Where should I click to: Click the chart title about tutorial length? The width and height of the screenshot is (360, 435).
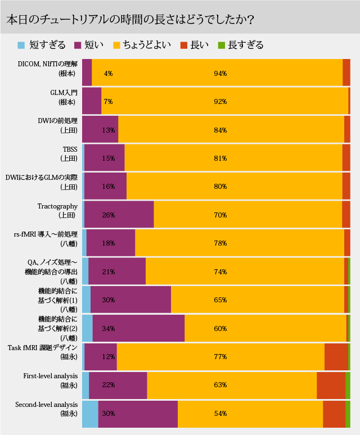coord(129,19)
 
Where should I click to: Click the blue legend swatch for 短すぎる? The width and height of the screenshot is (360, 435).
coord(21,45)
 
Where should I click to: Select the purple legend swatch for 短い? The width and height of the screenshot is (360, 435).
coord(78,45)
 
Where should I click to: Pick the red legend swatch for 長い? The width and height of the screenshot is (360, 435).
coord(183,45)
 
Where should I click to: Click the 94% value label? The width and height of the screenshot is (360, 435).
coord(220,73)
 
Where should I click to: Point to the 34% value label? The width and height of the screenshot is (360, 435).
coord(109,328)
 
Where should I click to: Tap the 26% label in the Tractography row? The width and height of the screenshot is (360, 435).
coord(109,215)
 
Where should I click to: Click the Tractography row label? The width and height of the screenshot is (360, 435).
coord(57,210)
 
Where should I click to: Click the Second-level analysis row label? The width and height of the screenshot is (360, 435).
coord(47,409)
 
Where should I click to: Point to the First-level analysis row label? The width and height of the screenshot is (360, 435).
coord(50,380)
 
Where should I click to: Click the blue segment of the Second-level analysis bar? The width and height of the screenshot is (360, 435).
coord(90,413)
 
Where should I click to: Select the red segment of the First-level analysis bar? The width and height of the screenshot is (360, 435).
coord(331,385)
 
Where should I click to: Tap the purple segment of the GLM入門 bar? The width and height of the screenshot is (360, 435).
coord(92,101)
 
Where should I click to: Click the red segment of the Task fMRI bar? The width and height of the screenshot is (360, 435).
coord(336,356)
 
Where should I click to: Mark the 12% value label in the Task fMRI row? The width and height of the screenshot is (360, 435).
coord(109,356)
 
